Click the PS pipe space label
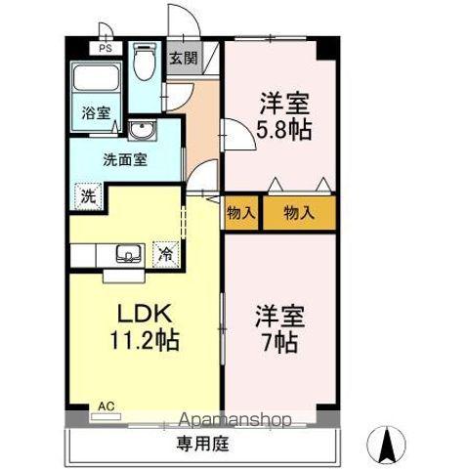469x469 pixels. coord(104,46)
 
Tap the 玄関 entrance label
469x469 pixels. coord(183,58)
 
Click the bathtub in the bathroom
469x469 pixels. coord(95,77)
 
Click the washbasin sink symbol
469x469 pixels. coord(141,131)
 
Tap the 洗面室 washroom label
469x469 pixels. coord(126,160)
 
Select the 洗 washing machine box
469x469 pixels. coord(87,194)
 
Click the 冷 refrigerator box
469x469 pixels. coord(167,252)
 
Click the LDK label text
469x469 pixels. coord(146,316)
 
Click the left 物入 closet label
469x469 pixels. coord(240,212)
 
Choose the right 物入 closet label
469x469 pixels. coord(298,212)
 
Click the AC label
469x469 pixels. coord(105,404)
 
